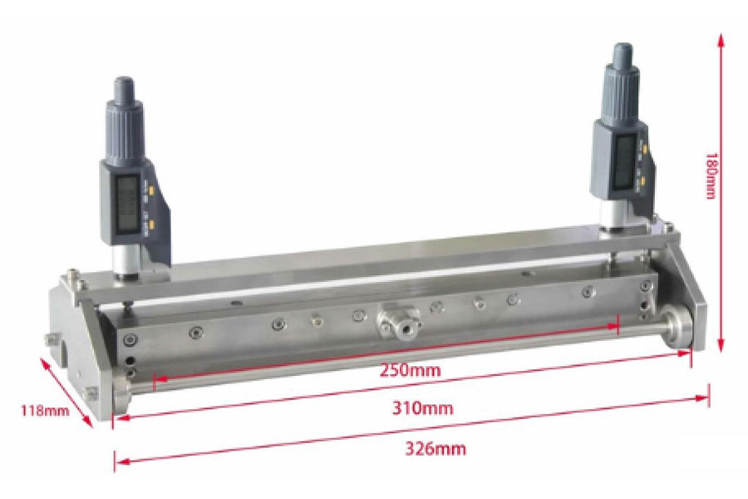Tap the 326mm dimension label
(x=436, y=449)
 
